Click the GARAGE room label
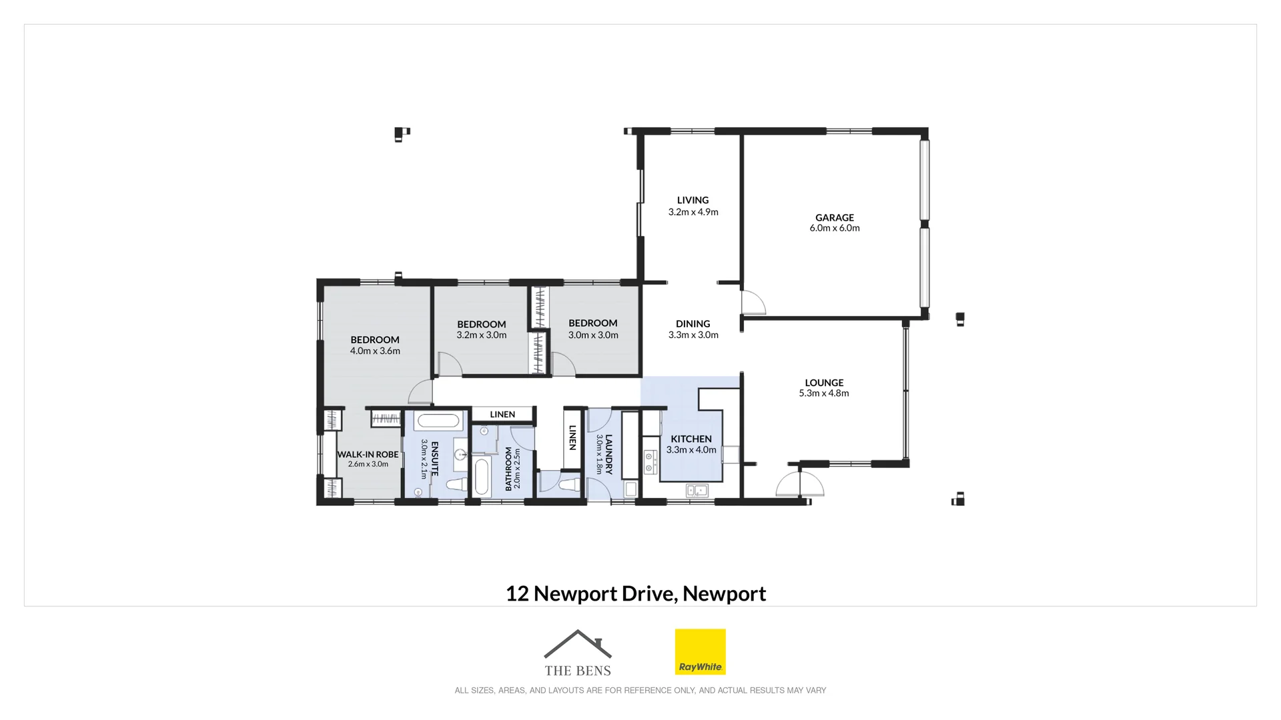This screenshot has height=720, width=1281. click(834, 217)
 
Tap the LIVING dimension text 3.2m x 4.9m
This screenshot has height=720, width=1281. click(693, 212)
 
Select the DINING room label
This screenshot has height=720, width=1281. click(693, 323)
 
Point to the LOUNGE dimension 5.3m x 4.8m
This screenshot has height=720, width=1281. click(824, 393)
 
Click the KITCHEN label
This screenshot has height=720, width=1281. click(691, 439)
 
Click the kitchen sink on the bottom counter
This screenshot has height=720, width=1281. click(697, 491)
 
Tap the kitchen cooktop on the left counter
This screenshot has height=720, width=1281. click(650, 462)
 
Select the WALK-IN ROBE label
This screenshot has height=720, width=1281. click(368, 454)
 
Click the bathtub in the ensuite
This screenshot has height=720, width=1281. click(438, 421)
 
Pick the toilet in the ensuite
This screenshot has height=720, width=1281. click(457, 485)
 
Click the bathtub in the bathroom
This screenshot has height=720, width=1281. click(482, 476)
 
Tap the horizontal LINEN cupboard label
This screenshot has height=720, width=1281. click(502, 414)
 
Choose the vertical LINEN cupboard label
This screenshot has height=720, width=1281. click(572, 437)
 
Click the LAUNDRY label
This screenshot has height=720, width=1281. click(608, 454)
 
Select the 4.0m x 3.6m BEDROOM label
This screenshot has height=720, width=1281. click(375, 340)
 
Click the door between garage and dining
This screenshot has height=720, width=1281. click(753, 303)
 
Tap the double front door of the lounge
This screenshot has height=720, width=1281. click(800, 484)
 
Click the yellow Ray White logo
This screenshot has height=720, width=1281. click(700, 651)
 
